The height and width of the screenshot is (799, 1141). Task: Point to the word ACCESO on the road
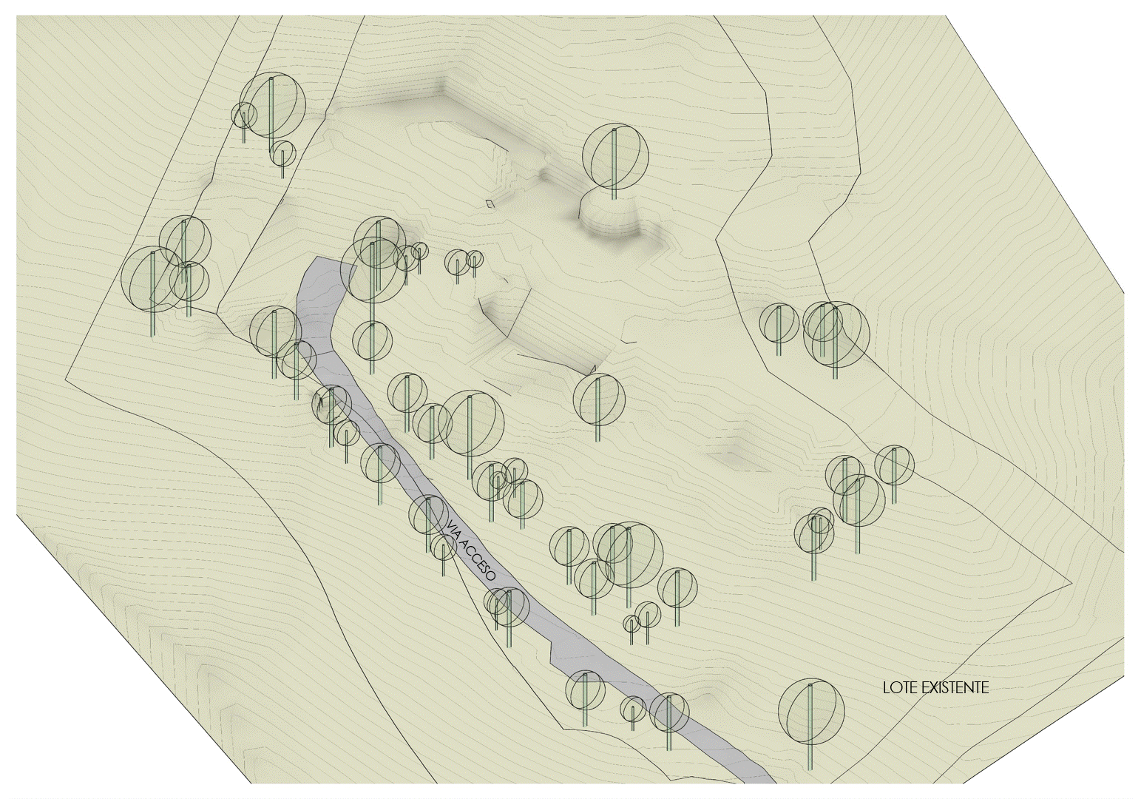(478, 564)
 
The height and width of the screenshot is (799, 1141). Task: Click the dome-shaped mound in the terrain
(609, 218)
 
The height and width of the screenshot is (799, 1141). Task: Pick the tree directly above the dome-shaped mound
(615, 155)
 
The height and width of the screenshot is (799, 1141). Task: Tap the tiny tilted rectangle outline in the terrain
(490, 203)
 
